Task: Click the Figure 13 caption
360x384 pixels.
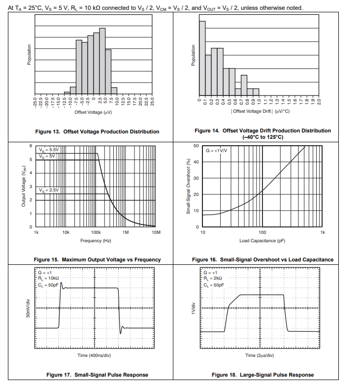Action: click(97, 131)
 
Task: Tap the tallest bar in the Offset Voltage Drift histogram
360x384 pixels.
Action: click(202, 57)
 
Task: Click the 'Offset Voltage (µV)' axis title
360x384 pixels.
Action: click(93, 112)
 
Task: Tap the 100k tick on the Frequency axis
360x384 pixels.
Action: click(96, 231)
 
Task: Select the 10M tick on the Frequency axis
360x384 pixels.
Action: click(156, 231)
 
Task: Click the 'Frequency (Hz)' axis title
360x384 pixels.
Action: click(96, 240)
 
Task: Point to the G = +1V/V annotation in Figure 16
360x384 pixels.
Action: click(217, 150)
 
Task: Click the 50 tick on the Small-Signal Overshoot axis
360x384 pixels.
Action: click(196, 146)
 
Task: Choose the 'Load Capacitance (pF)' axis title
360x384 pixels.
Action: click(262, 240)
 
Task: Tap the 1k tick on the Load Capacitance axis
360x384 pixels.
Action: click(323, 231)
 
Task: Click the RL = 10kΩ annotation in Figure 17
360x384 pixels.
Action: click(47, 278)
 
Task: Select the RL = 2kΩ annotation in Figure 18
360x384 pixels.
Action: click(213, 278)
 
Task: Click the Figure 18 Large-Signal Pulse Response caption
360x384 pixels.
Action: click(262, 375)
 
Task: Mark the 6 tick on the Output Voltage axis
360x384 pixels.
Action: click(30, 146)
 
